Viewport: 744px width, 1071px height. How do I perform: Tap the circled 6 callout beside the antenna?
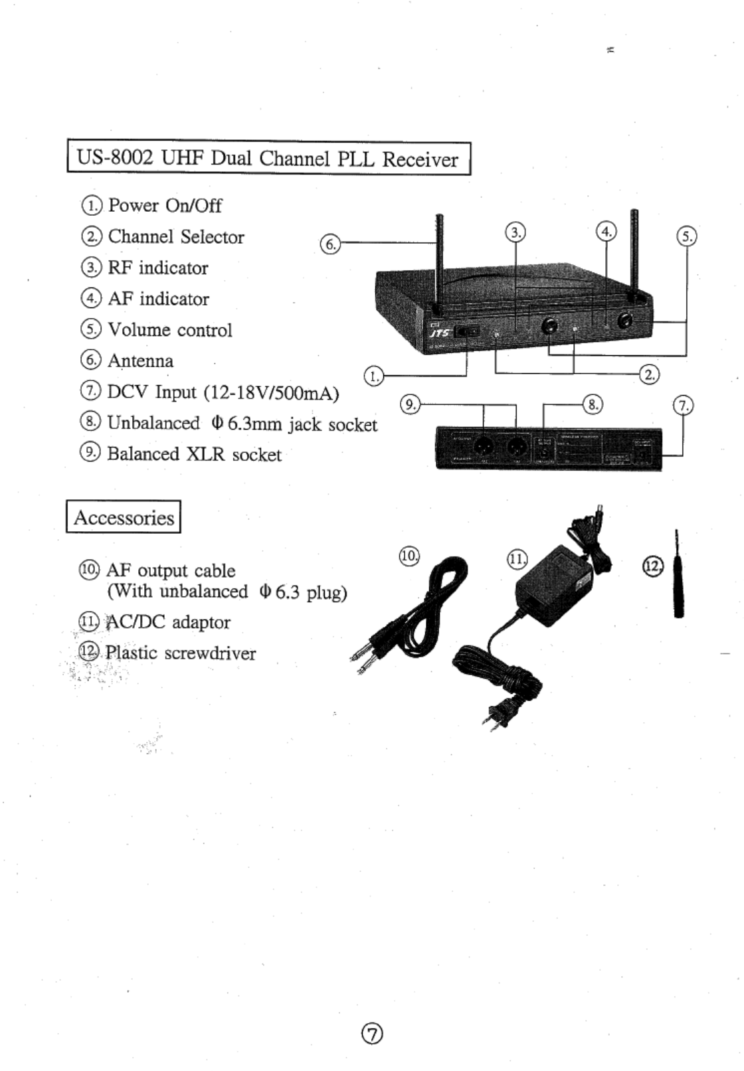(x=329, y=244)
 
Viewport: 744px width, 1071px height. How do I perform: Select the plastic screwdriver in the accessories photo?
(x=678, y=585)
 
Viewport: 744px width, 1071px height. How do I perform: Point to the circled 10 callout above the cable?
(x=409, y=555)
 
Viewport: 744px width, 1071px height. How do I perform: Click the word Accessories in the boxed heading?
(x=124, y=517)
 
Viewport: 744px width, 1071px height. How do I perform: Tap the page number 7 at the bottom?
(x=373, y=1033)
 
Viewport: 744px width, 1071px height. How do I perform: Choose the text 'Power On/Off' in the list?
(x=165, y=205)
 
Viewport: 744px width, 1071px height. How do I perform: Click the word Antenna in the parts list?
(x=140, y=361)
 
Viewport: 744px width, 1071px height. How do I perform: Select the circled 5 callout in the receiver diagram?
(x=686, y=236)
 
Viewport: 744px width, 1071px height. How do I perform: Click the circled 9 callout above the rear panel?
(x=411, y=404)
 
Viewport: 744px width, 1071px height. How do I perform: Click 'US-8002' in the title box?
(x=115, y=158)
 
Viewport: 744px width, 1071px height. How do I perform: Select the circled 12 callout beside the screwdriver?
(x=653, y=565)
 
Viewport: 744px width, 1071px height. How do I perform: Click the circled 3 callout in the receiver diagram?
(x=515, y=232)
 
